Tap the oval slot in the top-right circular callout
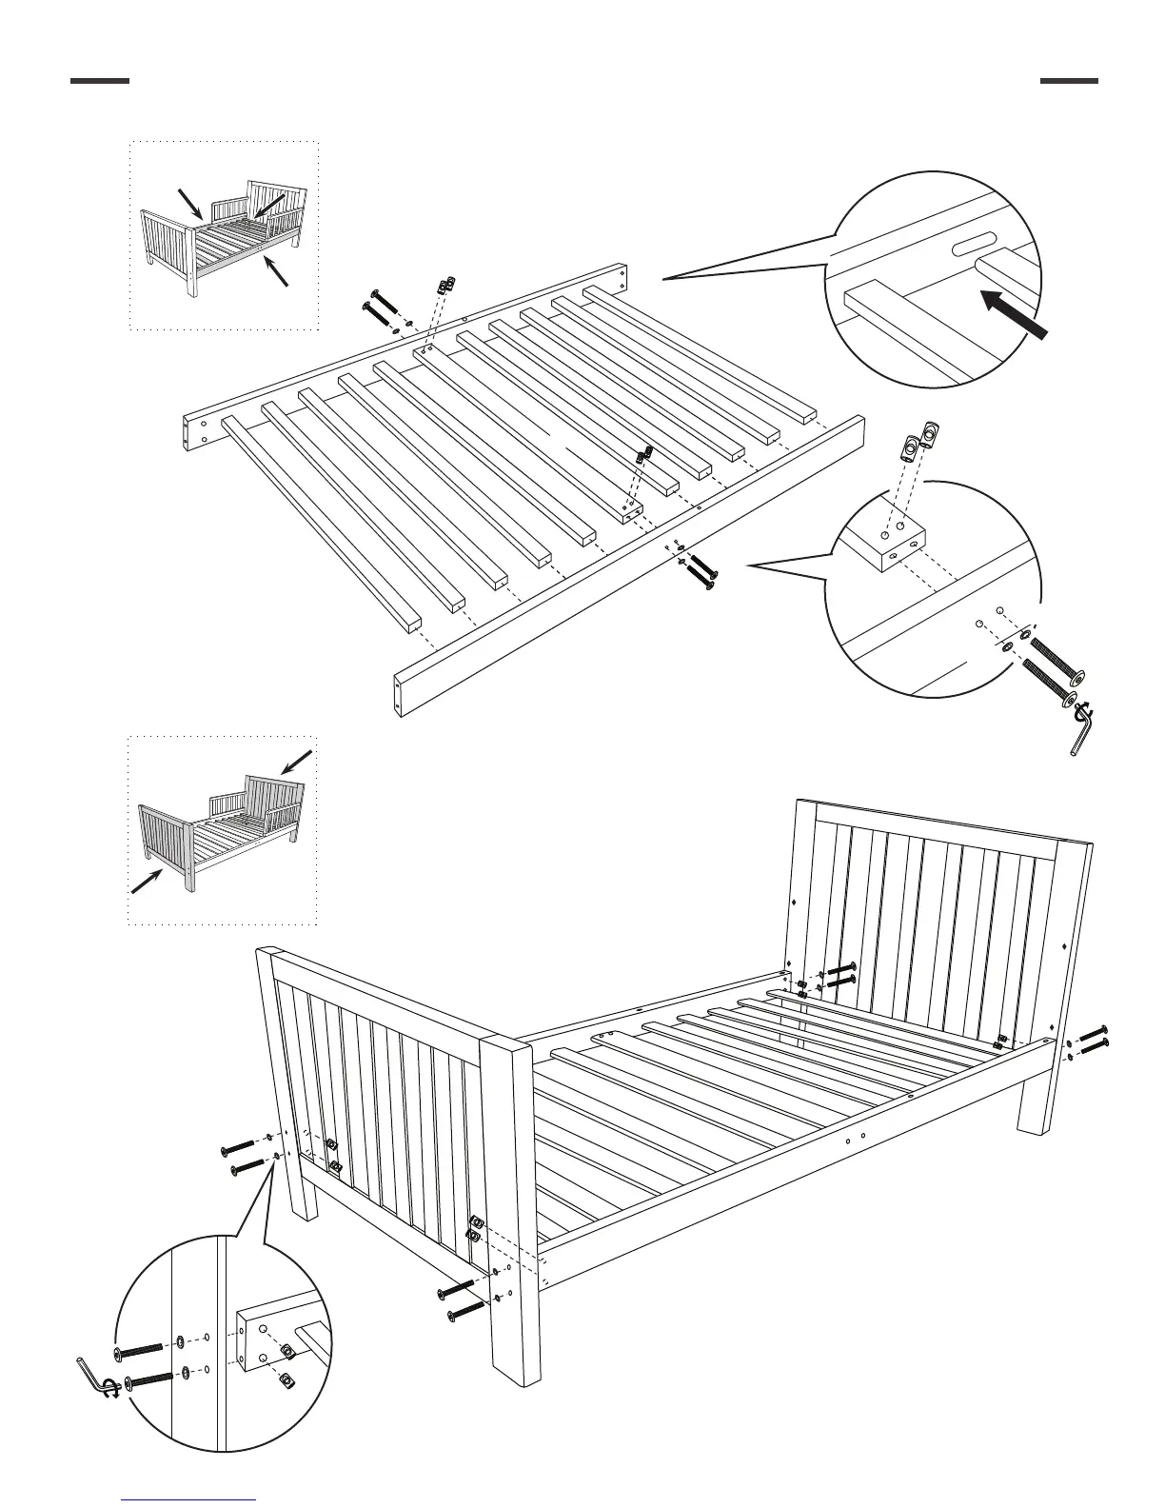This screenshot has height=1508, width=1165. (976, 246)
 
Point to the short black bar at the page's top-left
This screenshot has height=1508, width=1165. (99, 81)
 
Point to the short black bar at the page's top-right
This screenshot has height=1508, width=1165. (1068, 81)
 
